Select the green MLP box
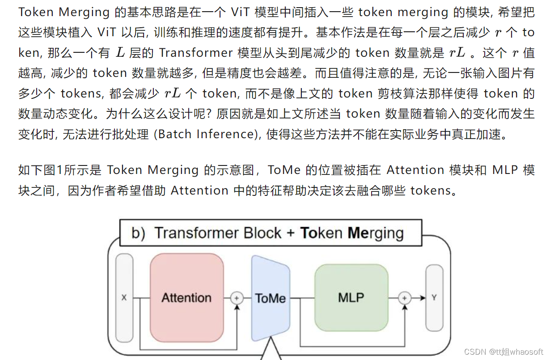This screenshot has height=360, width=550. coord(351,297)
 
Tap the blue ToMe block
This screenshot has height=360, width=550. coord(270,298)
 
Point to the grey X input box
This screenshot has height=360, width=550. coord(124,297)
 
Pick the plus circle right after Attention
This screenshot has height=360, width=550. coord(237,297)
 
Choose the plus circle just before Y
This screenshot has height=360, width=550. coord(405,297)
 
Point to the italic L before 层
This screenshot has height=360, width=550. coord(120,53)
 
